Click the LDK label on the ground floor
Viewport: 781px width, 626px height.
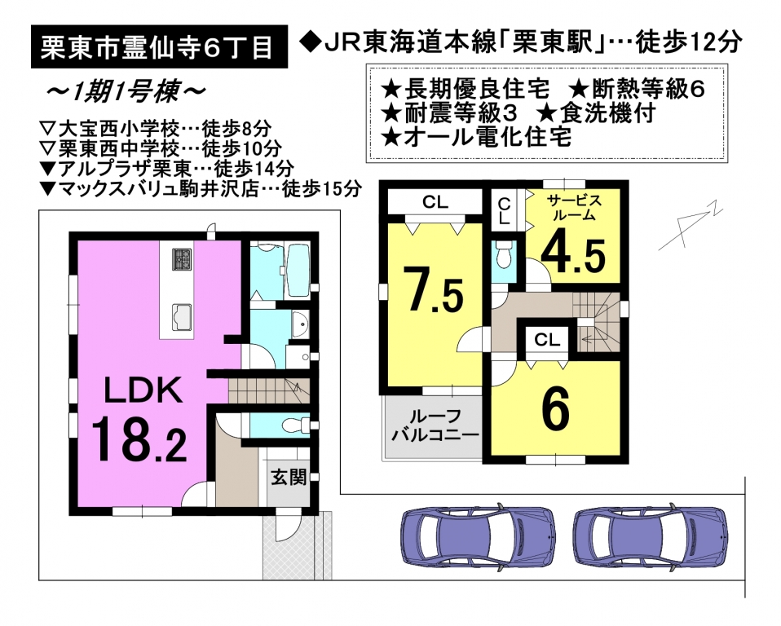pos(143,390)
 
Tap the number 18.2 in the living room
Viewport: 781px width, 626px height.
pos(139,439)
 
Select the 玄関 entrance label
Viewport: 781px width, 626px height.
pos(289,478)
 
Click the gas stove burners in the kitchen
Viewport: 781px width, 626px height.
pos(182,259)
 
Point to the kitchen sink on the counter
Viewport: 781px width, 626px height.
pos(182,317)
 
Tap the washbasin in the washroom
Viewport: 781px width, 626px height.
pos(300,325)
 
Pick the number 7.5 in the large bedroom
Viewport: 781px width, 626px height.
pos(434,289)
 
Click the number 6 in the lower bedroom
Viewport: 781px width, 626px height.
pos(555,409)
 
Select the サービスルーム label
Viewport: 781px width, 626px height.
pos(574,208)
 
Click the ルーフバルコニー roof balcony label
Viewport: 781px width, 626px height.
pos(435,425)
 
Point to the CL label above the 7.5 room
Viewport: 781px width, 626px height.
pos(435,202)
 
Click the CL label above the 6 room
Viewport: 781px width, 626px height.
pos(547,340)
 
